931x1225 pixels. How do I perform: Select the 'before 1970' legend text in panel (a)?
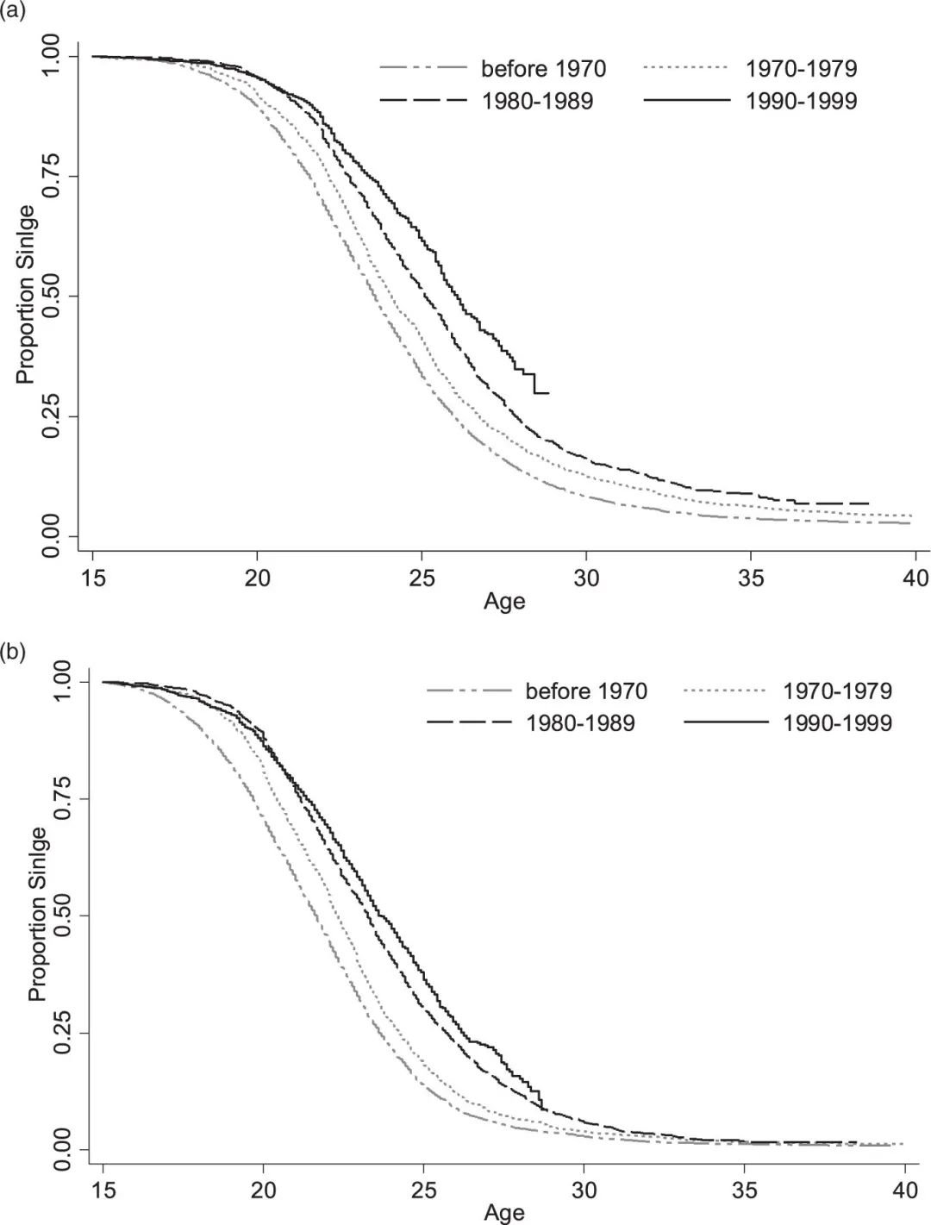[543, 68]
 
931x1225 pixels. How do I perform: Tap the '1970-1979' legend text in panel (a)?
[802, 68]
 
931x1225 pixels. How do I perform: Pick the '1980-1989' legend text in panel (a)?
[537, 101]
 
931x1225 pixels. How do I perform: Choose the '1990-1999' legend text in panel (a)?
[802, 101]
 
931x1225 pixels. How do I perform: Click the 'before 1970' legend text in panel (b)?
[586, 691]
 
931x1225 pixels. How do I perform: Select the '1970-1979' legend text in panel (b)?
[837, 691]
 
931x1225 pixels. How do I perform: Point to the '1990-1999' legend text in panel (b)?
[837, 722]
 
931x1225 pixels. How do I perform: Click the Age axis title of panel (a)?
[504, 601]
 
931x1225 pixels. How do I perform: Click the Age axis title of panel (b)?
[504, 1213]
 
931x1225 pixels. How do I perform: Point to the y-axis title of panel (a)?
[27, 295]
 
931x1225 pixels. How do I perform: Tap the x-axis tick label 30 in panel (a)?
[585, 577]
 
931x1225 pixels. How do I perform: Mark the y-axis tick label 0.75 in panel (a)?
[52, 176]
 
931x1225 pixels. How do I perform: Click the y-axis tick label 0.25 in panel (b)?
[62, 1032]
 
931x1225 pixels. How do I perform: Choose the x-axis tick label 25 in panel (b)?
[423, 1191]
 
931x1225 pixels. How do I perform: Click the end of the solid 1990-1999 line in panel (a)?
[548, 393]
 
